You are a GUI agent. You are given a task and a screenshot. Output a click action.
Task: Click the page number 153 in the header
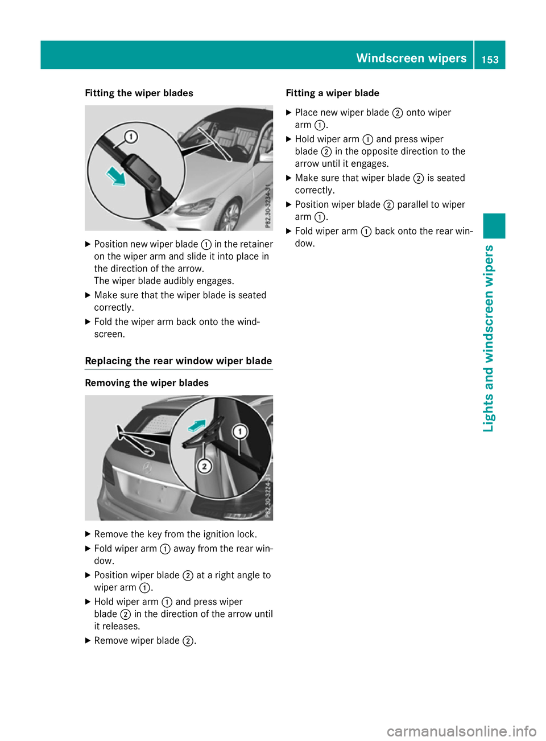click(x=490, y=59)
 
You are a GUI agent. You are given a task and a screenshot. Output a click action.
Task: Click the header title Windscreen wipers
click(x=411, y=58)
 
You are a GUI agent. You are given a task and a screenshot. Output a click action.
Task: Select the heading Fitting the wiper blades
click(x=139, y=93)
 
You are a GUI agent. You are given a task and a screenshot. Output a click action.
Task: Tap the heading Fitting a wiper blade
click(x=332, y=93)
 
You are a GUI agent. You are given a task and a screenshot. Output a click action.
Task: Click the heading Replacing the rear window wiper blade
click(x=178, y=361)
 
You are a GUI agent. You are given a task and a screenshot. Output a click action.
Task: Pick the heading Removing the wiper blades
click(x=147, y=383)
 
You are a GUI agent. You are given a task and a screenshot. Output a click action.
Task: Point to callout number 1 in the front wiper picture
click(x=131, y=137)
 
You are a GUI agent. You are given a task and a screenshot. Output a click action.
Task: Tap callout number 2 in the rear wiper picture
click(x=204, y=467)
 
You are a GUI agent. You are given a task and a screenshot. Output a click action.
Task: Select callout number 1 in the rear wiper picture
click(x=240, y=432)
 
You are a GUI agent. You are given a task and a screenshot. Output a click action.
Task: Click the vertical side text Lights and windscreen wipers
click(x=489, y=339)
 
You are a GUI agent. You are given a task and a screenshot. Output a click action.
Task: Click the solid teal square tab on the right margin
click(x=494, y=225)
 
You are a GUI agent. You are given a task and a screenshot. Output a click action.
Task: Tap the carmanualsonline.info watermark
click(x=461, y=731)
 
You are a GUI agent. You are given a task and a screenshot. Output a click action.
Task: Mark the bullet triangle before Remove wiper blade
click(x=88, y=640)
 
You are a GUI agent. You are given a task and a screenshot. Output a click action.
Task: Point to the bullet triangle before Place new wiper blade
click(x=288, y=113)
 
